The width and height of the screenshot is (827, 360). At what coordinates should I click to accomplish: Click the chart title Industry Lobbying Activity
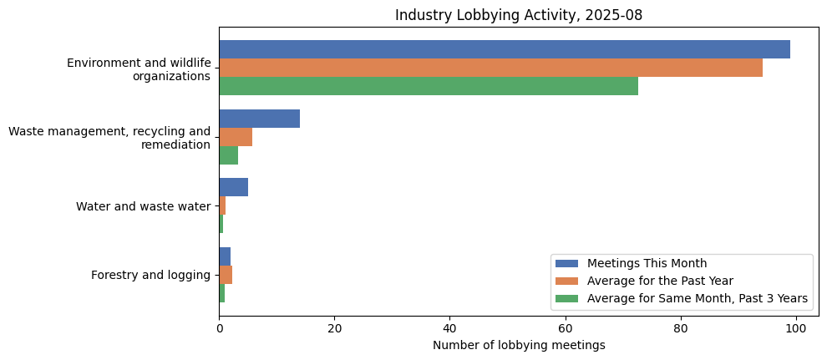coord(519,15)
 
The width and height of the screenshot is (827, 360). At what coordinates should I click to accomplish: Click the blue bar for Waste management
coord(259,119)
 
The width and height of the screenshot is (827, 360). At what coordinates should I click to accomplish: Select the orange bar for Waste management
coord(236,137)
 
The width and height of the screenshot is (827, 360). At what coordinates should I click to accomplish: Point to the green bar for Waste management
coord(228,155)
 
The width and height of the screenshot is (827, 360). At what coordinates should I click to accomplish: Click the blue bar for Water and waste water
coord(233,187)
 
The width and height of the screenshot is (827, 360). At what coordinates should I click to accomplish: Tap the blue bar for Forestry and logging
coord(225,256)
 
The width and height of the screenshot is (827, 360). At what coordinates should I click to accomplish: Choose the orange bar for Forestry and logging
coord(226,275)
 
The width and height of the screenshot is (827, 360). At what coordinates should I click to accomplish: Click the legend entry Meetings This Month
coord(647,264)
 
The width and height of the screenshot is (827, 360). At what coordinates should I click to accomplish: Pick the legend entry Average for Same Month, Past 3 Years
coord(697,298)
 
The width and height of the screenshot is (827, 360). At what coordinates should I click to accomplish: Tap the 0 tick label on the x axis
coord(219,329)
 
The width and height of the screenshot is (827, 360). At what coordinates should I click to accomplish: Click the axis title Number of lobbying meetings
coord(519,346)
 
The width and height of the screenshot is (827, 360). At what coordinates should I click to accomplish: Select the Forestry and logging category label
coord(150,275)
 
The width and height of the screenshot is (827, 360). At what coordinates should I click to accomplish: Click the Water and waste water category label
coord(143,206)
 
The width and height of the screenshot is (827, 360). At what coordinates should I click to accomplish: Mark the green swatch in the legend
coord(567,298)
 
